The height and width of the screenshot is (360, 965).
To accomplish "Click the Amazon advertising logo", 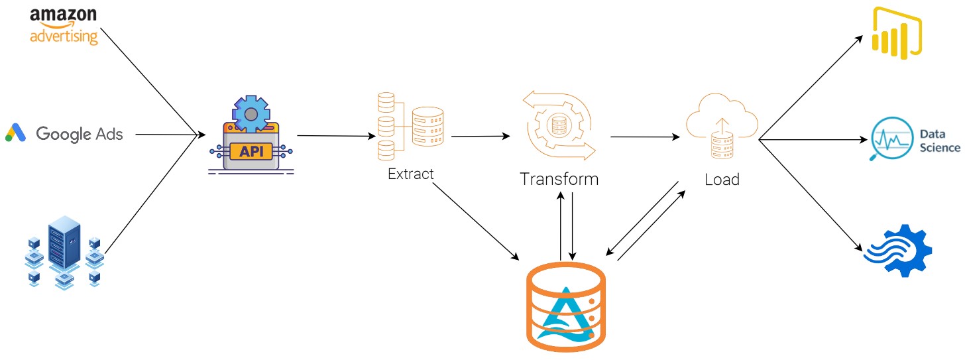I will click(64, 26).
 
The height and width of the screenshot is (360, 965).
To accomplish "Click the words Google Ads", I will click(80, 133).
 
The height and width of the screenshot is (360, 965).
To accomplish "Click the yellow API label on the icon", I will click(250, 150).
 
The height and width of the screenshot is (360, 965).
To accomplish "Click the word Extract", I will click(410, 174).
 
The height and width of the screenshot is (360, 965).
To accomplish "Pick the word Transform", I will click(559, 179).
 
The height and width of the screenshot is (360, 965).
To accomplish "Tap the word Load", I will click(722, 179).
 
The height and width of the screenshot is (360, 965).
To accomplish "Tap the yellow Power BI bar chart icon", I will click(897, 34).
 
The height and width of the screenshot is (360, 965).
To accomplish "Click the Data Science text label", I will click(940, 141).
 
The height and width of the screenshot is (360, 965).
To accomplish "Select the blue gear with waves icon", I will click(899, 251).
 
